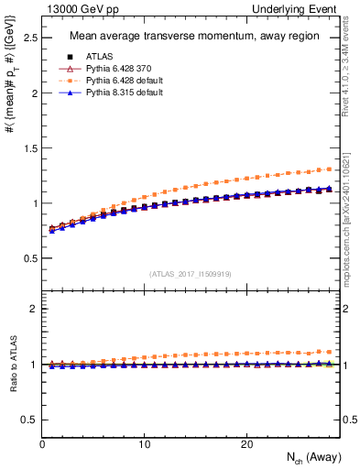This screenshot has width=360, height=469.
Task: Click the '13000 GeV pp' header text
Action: coord(77,8)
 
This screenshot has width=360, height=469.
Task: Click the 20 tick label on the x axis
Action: coord(245,444)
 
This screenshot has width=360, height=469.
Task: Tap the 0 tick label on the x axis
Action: coord(43,444)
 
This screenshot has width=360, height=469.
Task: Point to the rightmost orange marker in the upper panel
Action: coord(329,169)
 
